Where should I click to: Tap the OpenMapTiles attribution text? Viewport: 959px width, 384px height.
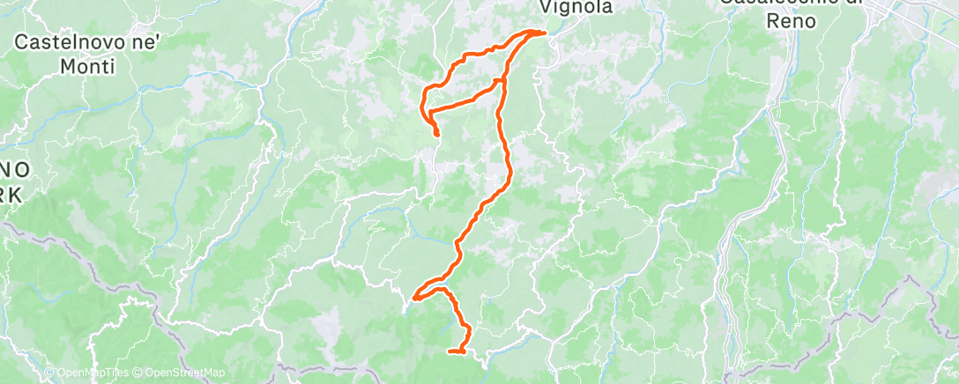pyautogui.click(x=83, y=373)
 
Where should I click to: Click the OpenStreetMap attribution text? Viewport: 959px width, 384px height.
pyautogui.click(x=166, y=373)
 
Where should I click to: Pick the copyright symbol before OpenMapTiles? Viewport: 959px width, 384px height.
pyautogui.click(x=48, y=373)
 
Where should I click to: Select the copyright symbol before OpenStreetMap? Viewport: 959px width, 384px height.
pyautogui.click(x=126, y=373)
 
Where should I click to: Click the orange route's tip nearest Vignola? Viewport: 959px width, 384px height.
pyautogui.click(x=544, y=33)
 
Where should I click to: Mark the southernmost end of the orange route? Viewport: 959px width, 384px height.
pyautogui.click(x=450, y=351)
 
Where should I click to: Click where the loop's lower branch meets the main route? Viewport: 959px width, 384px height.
pyautogui.click(x=502, y=81)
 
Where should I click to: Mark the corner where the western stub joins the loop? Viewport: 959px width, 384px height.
pyautogui.click(x=425, y=112)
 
